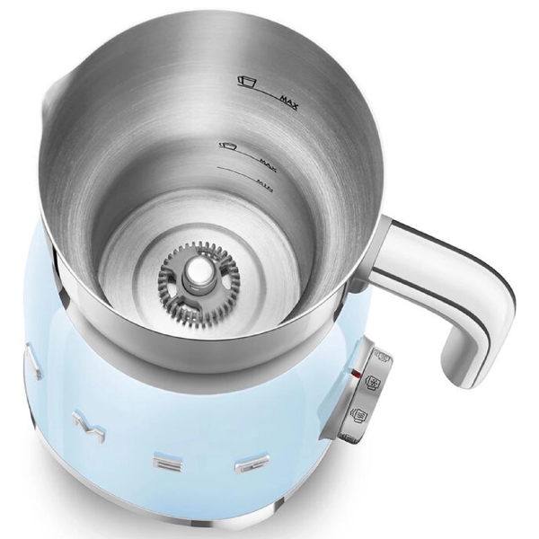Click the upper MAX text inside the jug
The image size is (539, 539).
(x=288, y=95)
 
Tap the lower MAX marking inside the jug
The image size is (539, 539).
(x=265, y=160)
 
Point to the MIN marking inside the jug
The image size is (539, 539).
(x=262, y=186)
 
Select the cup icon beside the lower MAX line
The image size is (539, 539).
(x=227, y=145)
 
